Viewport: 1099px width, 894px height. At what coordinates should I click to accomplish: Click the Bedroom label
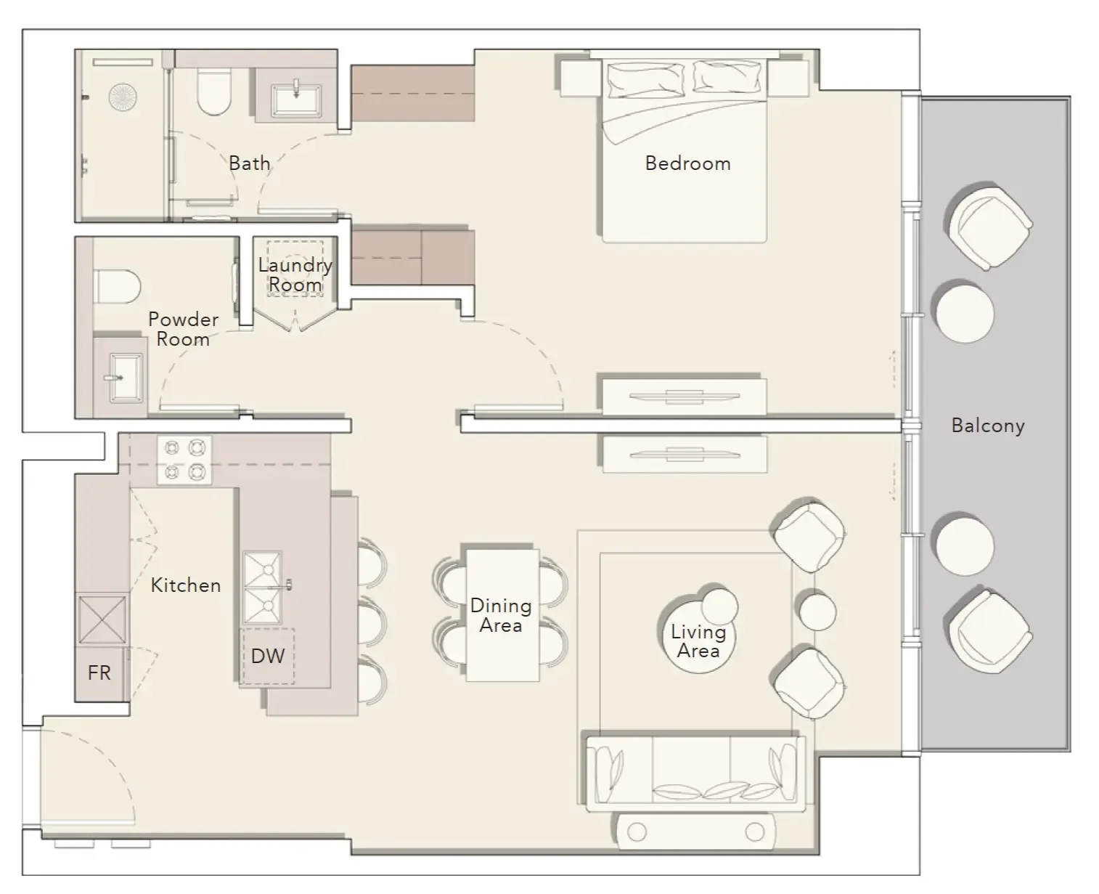[687, 163]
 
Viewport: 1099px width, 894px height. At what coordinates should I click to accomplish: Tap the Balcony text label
[987, 426]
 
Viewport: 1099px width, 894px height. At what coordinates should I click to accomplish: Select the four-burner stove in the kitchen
[184, 460]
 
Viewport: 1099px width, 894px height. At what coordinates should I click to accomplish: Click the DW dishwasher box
[268, 657]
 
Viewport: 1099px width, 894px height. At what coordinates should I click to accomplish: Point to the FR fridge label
[99, 673]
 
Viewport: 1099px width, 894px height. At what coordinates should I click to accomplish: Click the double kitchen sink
[262, 588]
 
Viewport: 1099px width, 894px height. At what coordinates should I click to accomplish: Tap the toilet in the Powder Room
[117, 287]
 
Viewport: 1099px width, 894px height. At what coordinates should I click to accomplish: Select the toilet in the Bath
[214, 92]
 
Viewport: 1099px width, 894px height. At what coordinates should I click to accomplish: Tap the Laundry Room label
[295, 275]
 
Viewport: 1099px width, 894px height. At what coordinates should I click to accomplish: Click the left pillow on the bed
[645, 80]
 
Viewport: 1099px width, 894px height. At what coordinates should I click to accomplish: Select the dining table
[502, 615]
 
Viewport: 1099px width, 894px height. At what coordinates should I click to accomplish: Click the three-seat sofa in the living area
[695, 774]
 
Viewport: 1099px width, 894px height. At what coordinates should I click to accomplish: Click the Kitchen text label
[185, 585]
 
